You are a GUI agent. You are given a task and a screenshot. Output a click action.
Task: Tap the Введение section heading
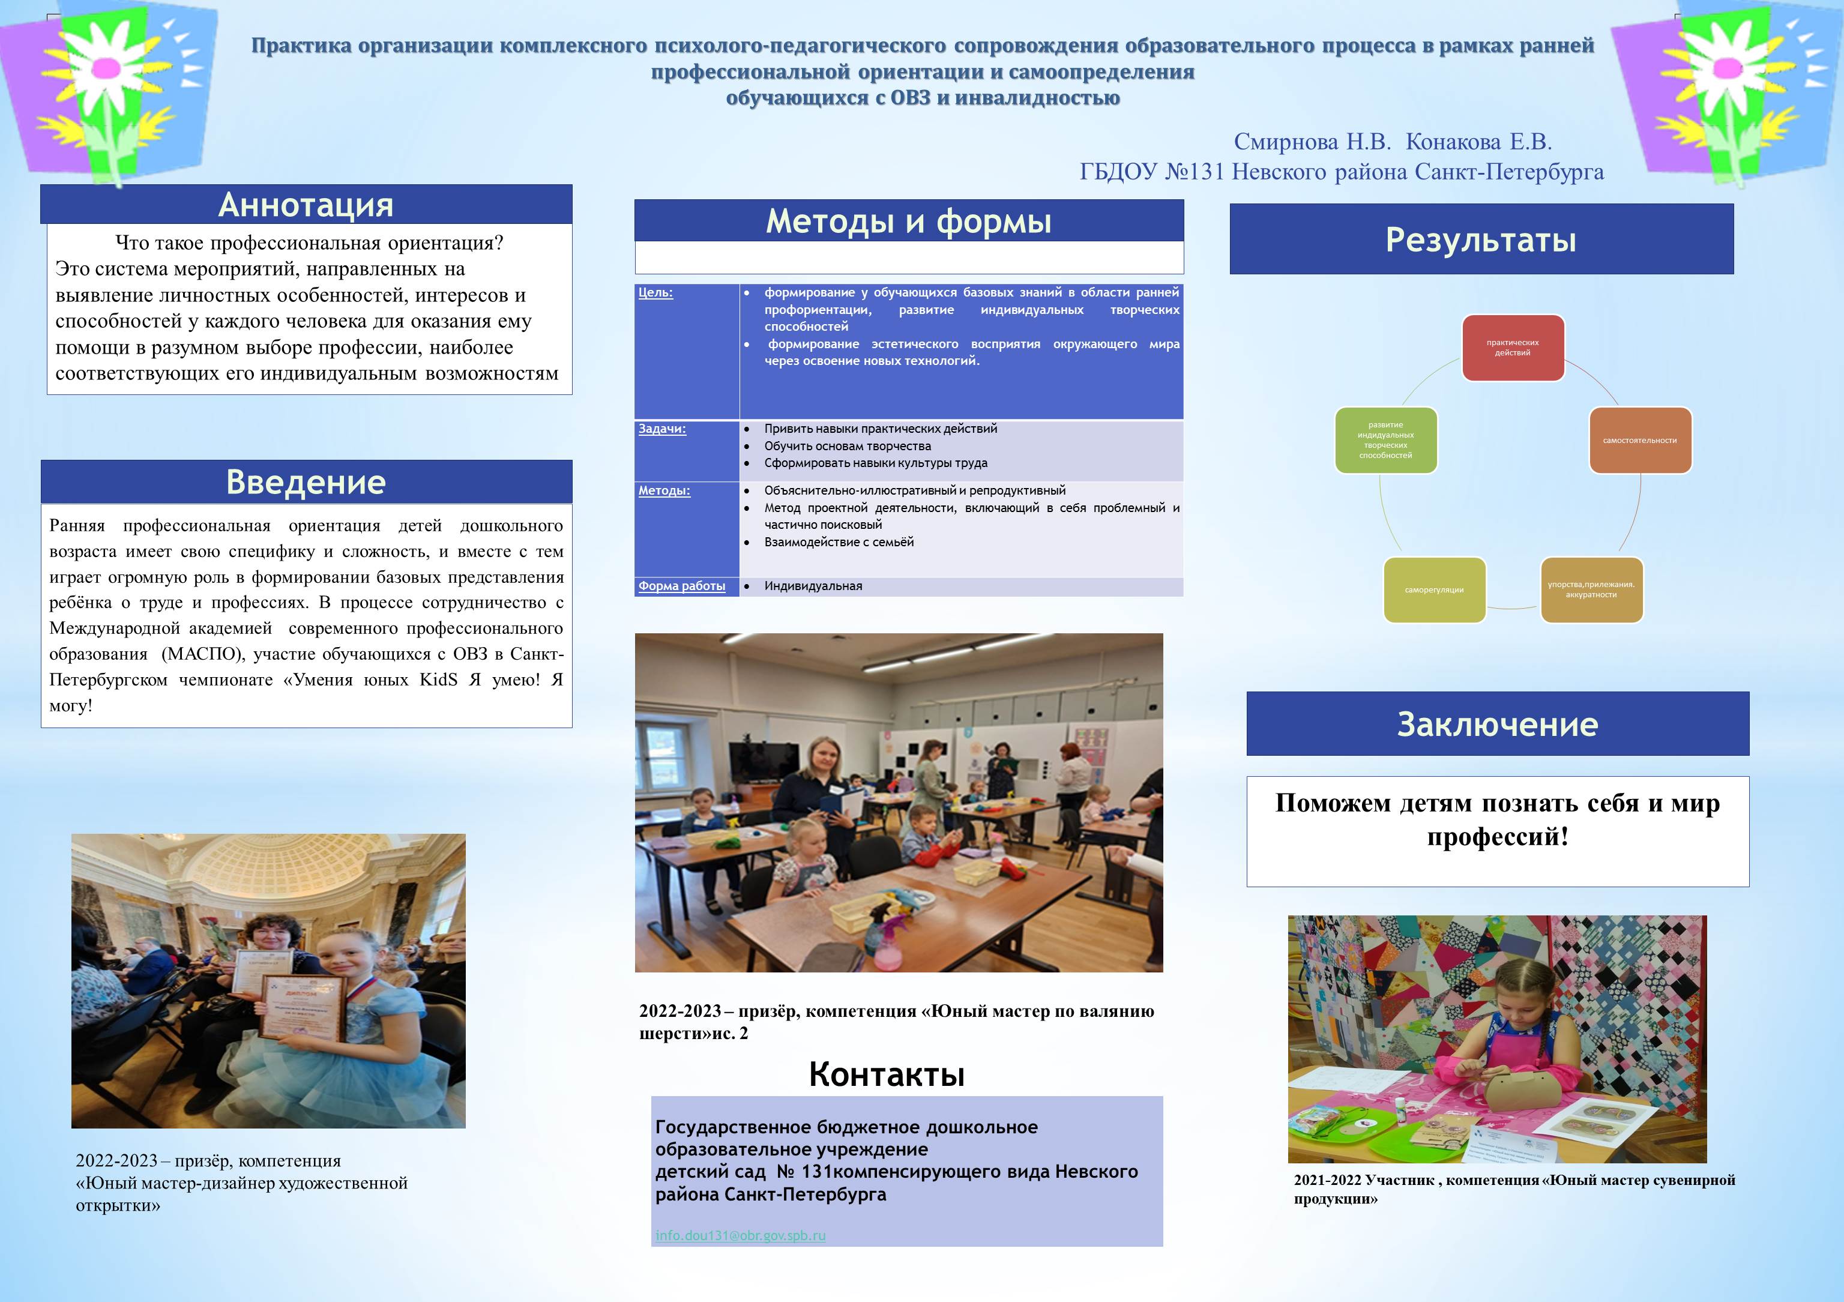coord(306,482)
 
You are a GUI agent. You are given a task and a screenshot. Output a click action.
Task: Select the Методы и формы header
coord(908,221)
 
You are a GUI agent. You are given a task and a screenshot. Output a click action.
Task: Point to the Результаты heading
coord(1481,240)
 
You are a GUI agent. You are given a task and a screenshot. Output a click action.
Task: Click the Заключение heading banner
coord(1497,724)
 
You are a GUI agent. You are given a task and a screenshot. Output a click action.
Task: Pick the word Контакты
coord(886,1074)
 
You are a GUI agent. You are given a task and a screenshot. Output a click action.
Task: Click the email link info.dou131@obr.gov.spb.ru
coord(740,1235)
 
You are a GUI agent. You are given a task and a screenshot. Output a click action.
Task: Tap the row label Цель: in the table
coord(655,292)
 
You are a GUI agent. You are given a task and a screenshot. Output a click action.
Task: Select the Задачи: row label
coord(661,429)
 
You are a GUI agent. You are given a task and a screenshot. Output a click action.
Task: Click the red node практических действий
coord(1512,348)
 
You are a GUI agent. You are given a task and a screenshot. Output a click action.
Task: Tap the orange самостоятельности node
coord(1639,440)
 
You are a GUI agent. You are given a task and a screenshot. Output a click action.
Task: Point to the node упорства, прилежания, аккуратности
coord(1591,589)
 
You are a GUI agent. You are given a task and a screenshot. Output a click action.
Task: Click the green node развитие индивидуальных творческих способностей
coord(1385,440)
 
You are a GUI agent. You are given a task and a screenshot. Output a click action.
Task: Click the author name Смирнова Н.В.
coord(1312,142)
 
